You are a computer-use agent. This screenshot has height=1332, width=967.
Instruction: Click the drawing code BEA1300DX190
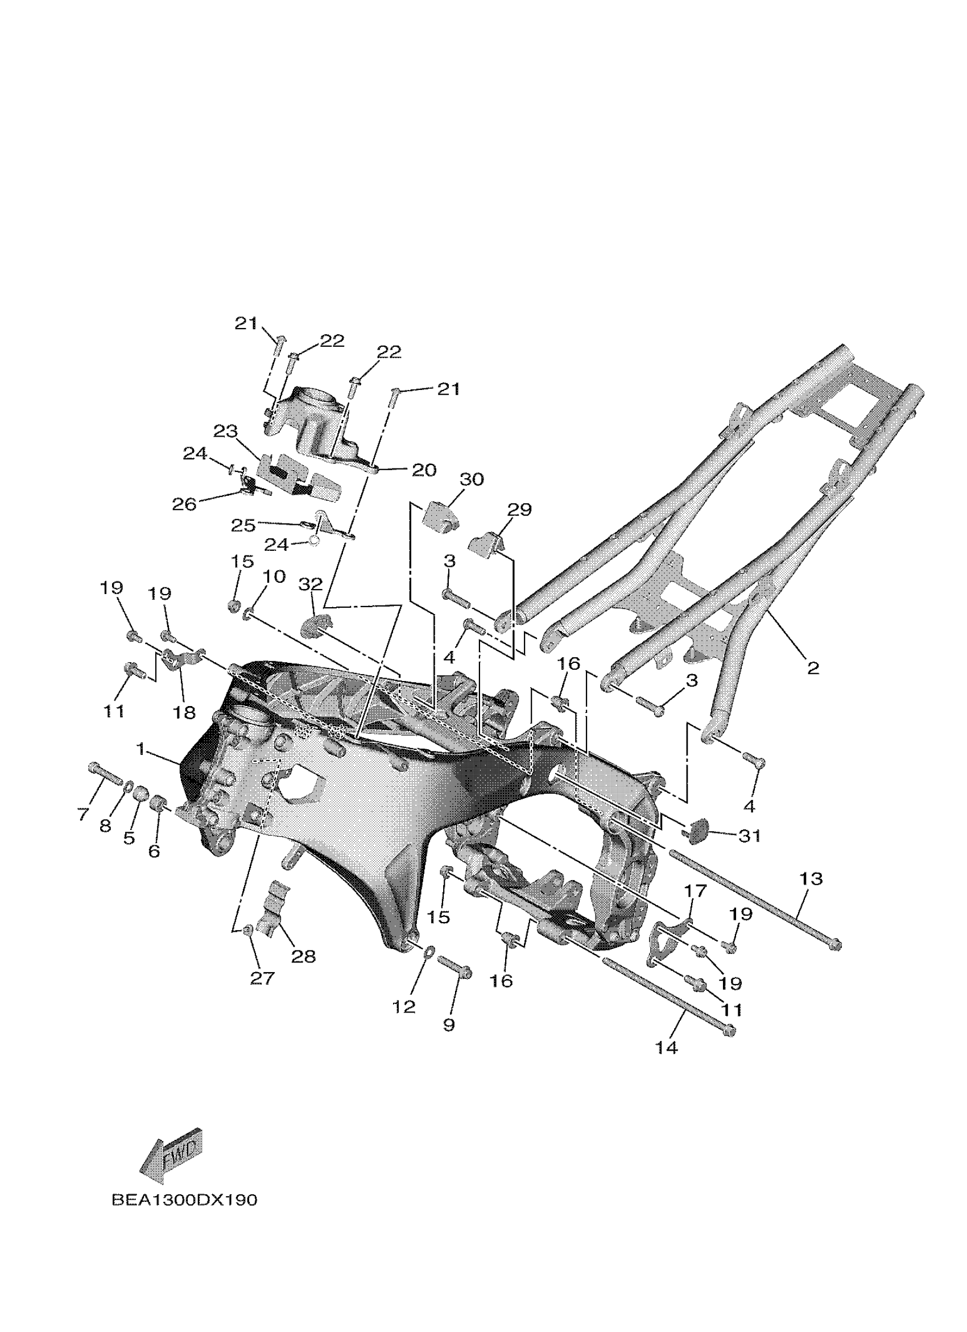[184, 1200]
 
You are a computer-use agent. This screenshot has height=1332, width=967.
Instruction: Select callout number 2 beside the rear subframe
[813, 668]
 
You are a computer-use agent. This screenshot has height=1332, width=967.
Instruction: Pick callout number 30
[472, 479]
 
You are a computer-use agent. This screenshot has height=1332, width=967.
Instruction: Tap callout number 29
[519, 509]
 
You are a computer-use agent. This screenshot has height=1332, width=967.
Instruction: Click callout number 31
[749, 835]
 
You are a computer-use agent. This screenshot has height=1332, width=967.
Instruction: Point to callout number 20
[424, 470]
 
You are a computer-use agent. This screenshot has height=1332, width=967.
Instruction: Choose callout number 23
[225, 431]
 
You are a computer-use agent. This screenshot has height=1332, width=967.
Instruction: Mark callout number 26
[184, 504]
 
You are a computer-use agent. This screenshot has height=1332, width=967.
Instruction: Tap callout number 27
[262, 978]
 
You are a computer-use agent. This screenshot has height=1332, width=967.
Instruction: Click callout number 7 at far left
[83, 814]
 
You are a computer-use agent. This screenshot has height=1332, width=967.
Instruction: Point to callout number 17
[695, 890]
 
